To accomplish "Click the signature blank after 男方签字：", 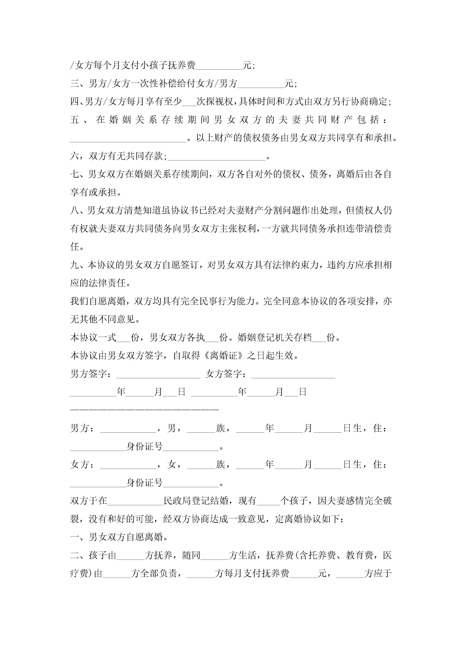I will pyautogui.click(x=158, y=374).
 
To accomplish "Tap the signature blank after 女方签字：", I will pyautogui.click(x=293, y=374).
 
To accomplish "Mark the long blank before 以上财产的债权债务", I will pyautogui.click(x=128, y=138).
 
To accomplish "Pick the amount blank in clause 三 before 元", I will pyautogui.click(x=261, y=84).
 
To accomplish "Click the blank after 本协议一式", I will pyautogui.click(x=123, y=338).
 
